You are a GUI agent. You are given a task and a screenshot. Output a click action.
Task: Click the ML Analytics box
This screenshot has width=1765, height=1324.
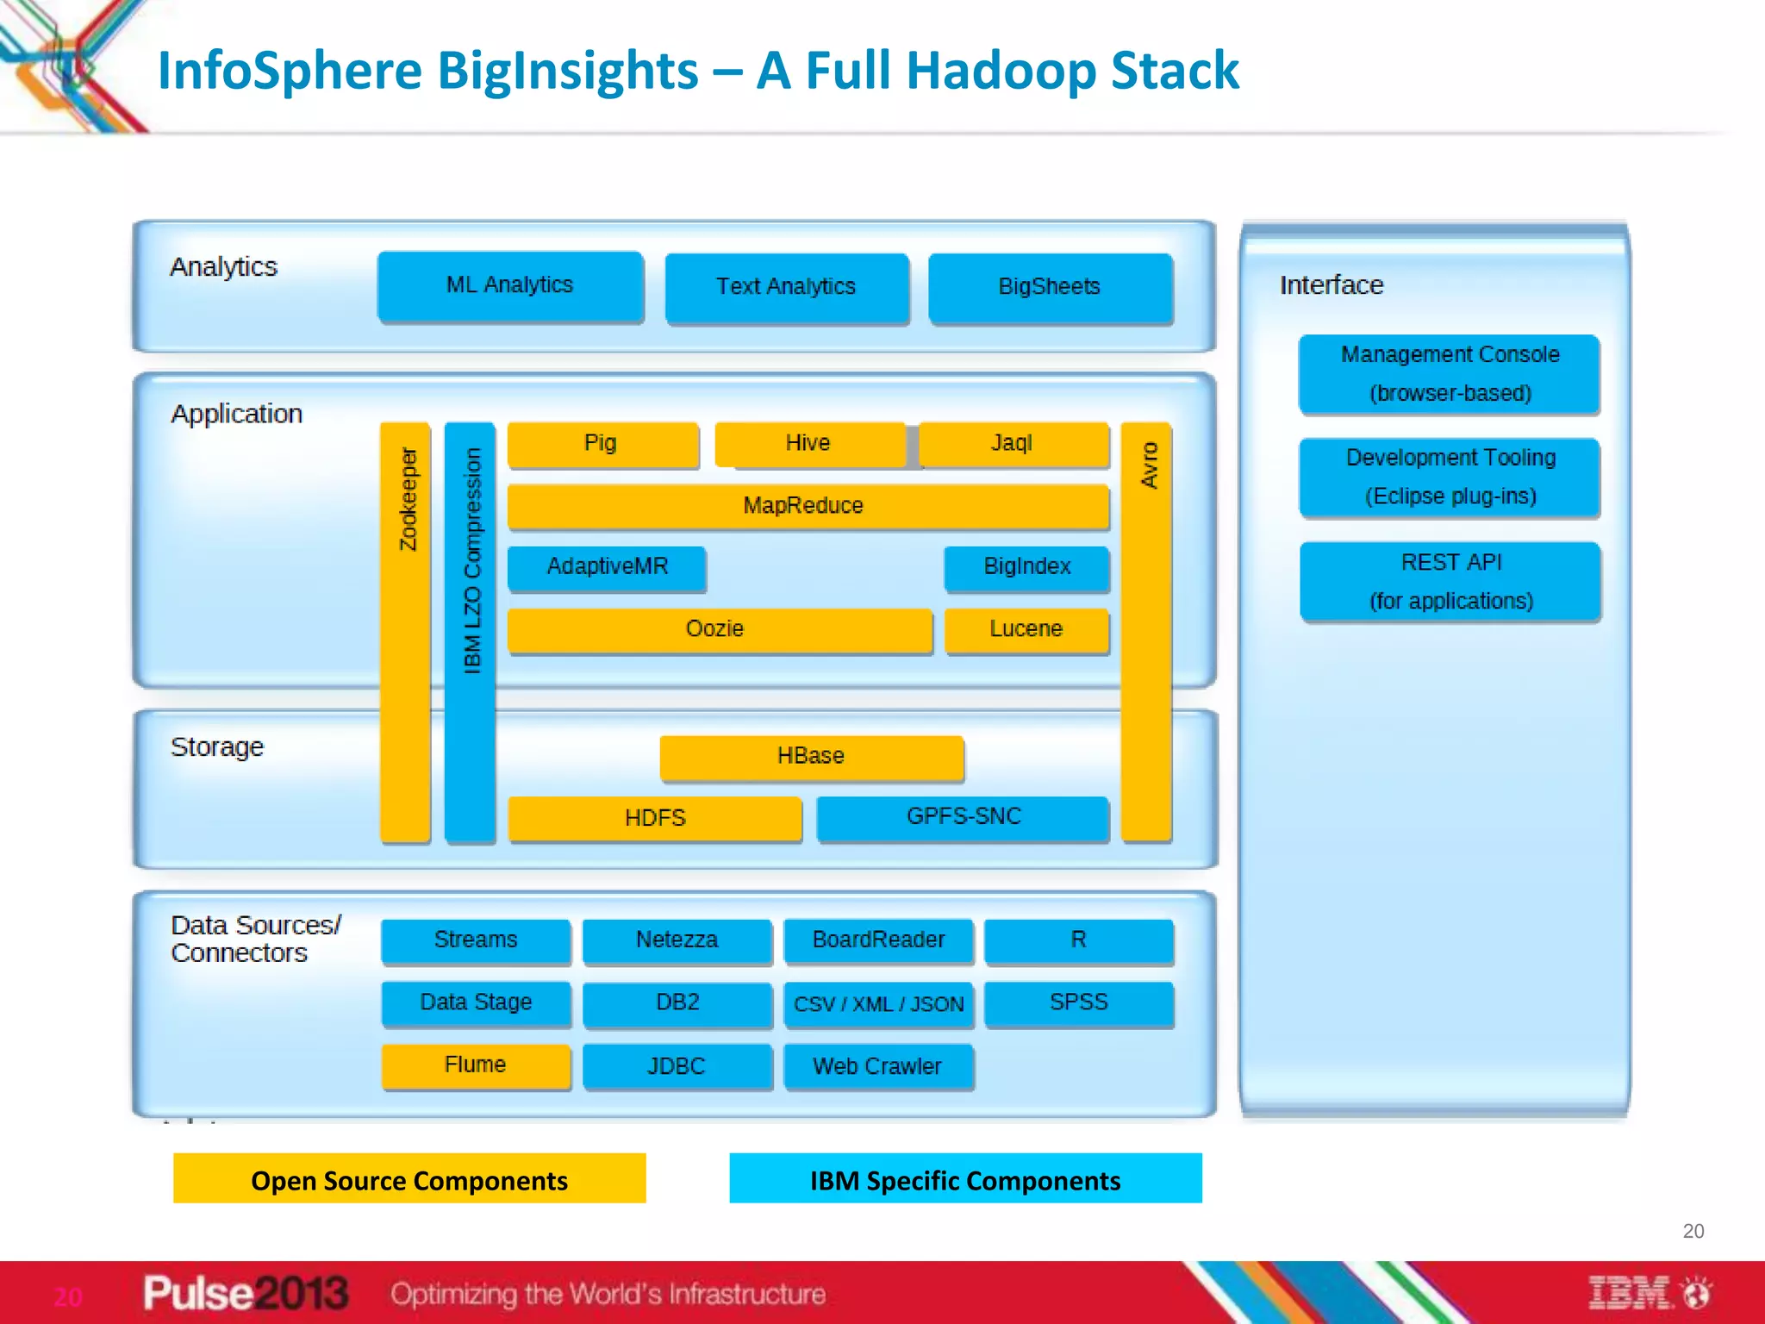510,286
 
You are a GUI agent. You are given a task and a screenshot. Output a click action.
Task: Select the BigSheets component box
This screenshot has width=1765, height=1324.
1050,288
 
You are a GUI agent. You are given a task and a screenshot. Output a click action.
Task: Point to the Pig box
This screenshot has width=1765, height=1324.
602,444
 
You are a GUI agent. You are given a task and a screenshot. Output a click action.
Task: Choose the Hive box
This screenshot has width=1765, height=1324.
809,444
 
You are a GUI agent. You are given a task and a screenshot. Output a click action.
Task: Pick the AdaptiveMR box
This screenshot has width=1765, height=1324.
607,567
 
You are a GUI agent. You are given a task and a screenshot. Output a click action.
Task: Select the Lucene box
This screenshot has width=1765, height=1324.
1026,630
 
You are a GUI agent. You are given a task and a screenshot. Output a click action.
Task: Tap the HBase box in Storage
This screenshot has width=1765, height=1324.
811,757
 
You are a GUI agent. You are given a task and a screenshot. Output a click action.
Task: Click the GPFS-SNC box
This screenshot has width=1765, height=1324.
963,817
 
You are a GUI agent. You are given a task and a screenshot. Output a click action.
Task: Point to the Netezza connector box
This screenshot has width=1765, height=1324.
677,940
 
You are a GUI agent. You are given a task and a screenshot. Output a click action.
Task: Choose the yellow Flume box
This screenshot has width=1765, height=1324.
476,1065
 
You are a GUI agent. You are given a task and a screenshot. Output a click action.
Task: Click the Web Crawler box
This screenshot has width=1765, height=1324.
878,1067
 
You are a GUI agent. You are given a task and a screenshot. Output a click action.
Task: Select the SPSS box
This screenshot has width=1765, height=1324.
1078,1003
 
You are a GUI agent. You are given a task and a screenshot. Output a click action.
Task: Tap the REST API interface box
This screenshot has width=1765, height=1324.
1450,581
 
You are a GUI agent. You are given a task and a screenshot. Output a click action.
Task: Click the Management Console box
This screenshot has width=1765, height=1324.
1450,373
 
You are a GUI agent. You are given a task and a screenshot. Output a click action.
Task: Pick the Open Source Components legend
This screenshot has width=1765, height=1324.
409,1178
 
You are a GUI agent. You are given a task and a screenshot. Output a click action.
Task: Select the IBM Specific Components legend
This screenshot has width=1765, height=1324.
965,1178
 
